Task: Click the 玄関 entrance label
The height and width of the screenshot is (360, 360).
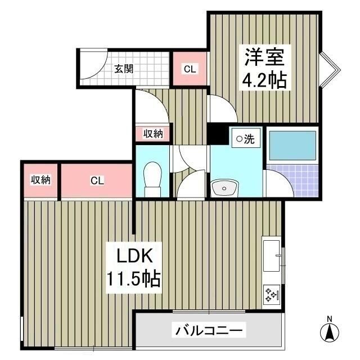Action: (124, 69)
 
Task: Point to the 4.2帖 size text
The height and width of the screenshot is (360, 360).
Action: (264, 80)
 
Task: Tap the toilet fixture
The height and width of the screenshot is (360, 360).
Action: (152, 177)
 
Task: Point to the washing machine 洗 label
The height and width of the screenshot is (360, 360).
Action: (245, 139)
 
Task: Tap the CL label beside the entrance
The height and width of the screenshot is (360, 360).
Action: (190, 69)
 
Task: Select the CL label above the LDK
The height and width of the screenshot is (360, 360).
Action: (97, 181)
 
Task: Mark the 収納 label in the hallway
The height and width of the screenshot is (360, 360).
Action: (153, 133)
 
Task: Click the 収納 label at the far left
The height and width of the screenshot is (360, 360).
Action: (40, 180)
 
